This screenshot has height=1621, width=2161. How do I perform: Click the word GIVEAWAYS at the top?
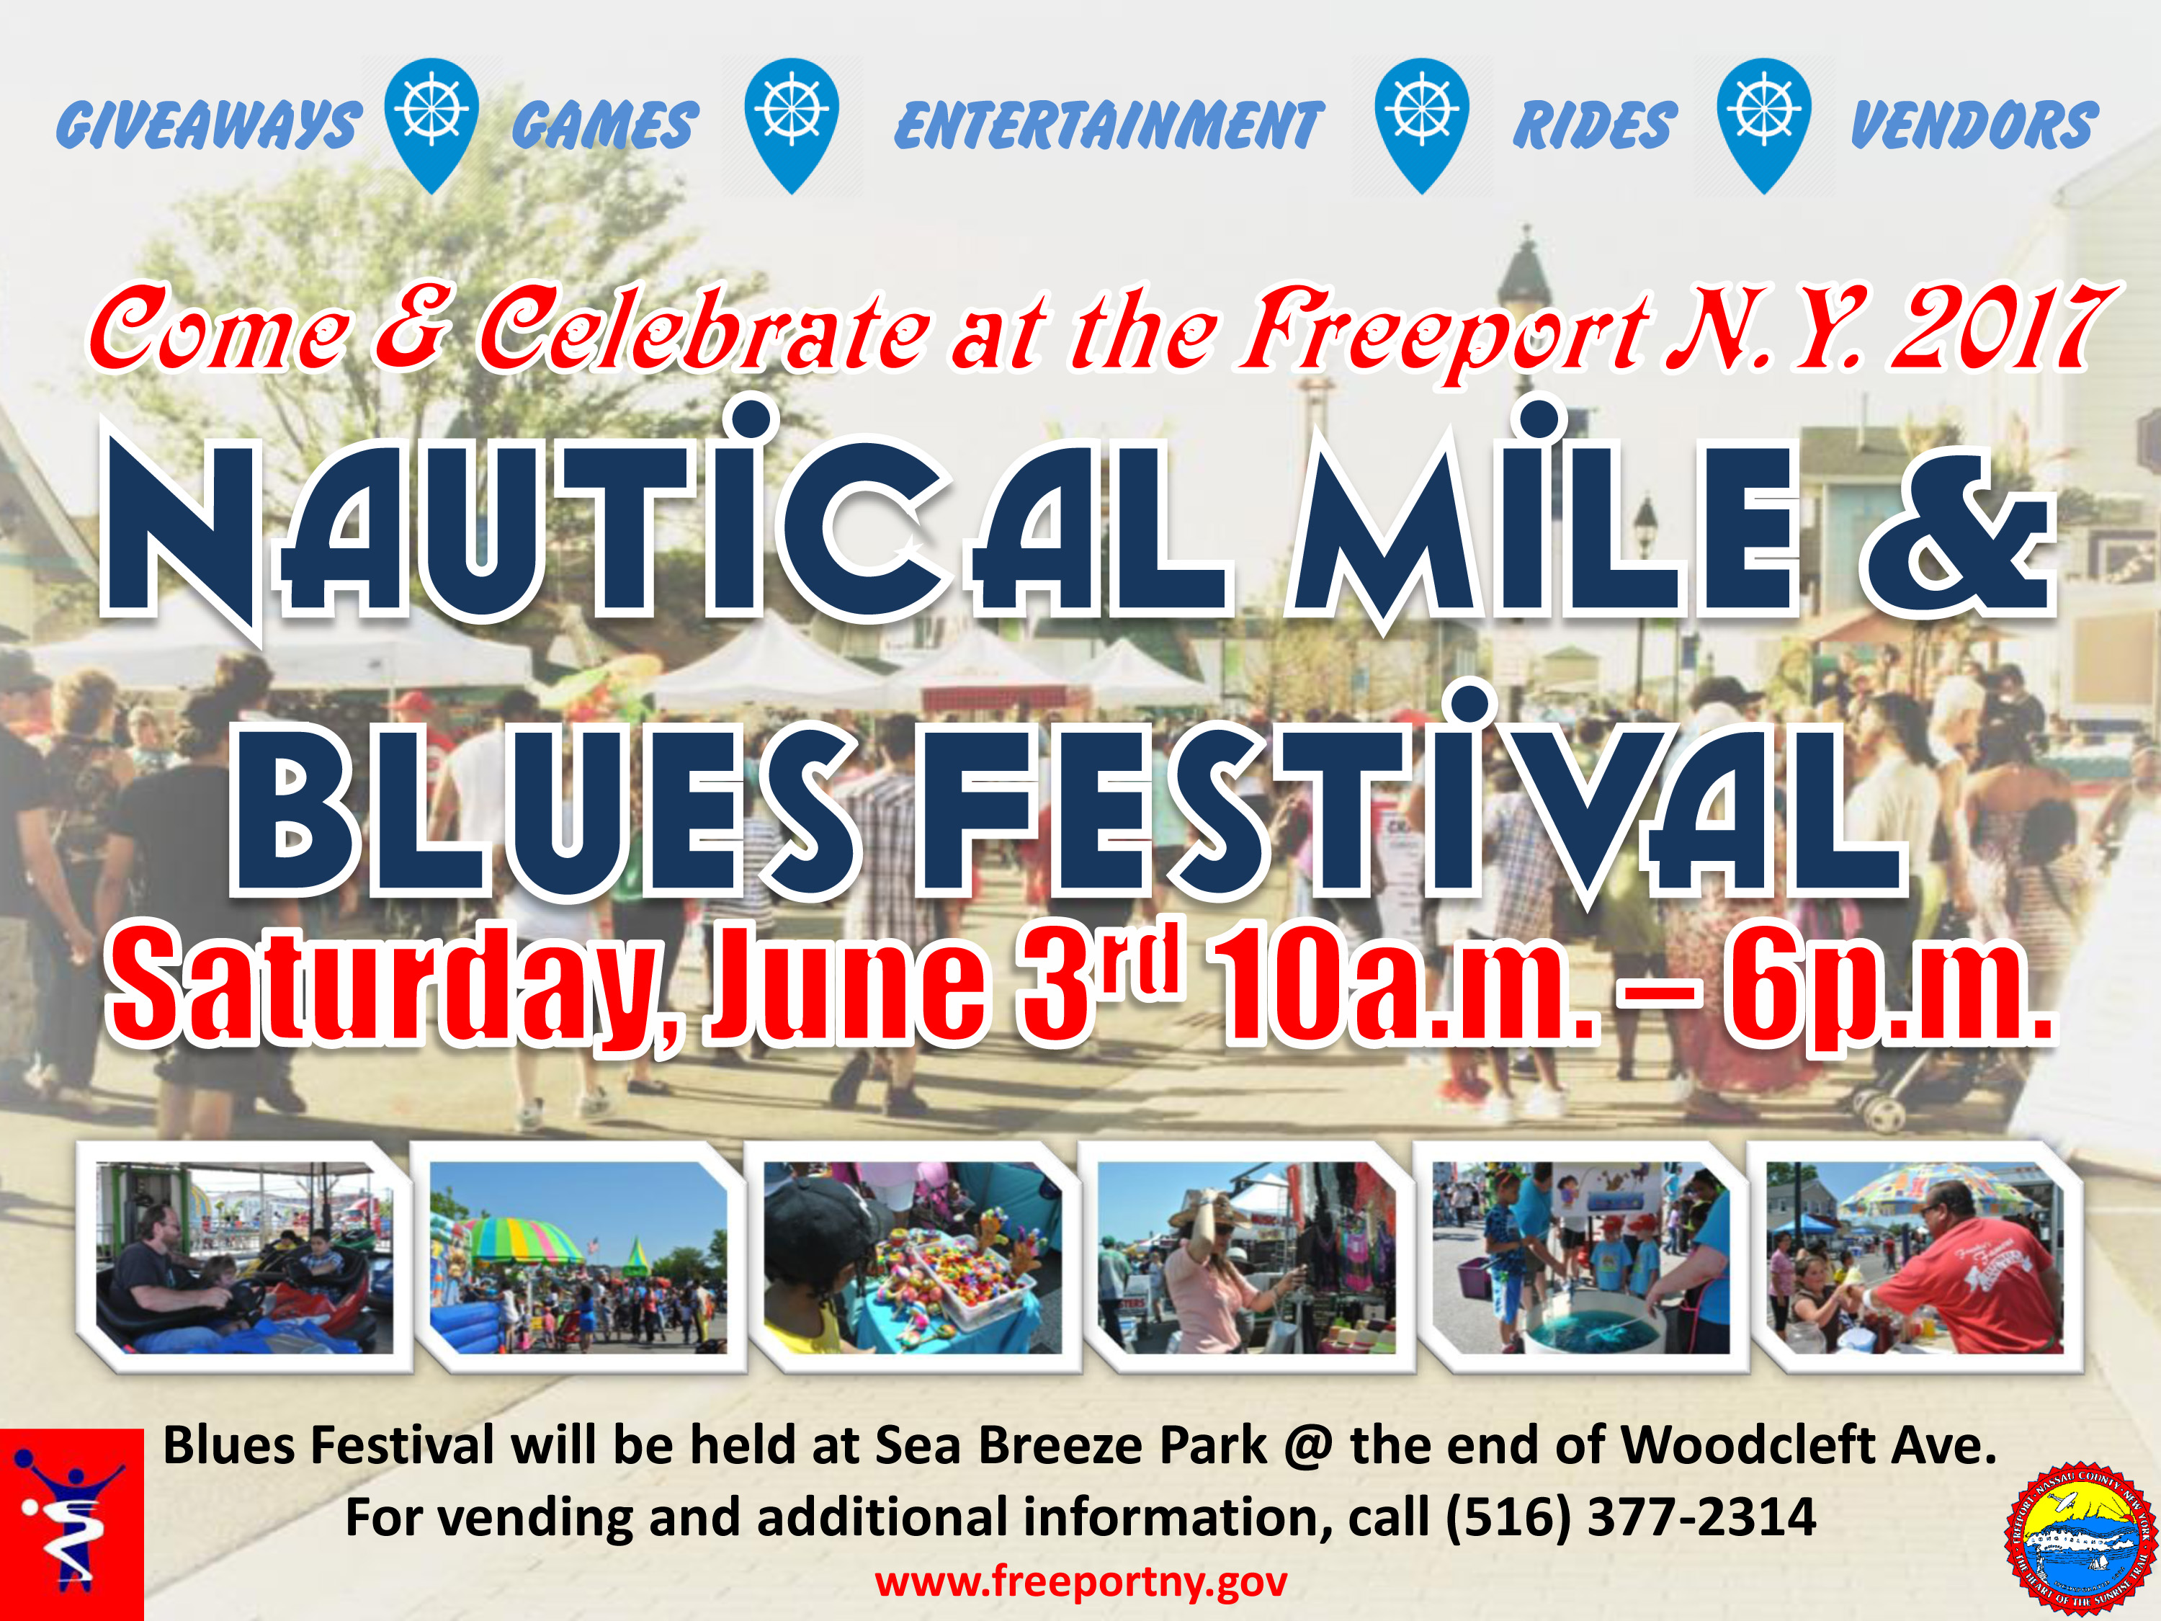tap(208, 125)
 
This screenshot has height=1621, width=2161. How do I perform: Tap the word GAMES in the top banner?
tap(605, 125)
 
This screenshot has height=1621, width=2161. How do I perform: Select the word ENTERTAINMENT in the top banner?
tap(1109, 125)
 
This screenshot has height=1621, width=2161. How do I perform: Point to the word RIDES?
tap(1594, 125)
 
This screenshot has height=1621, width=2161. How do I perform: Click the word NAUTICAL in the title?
tap(664, 527)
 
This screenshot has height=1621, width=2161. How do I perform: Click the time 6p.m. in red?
tap(1886, 987)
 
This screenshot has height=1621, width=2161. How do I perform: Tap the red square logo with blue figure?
tap(71, 1524)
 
